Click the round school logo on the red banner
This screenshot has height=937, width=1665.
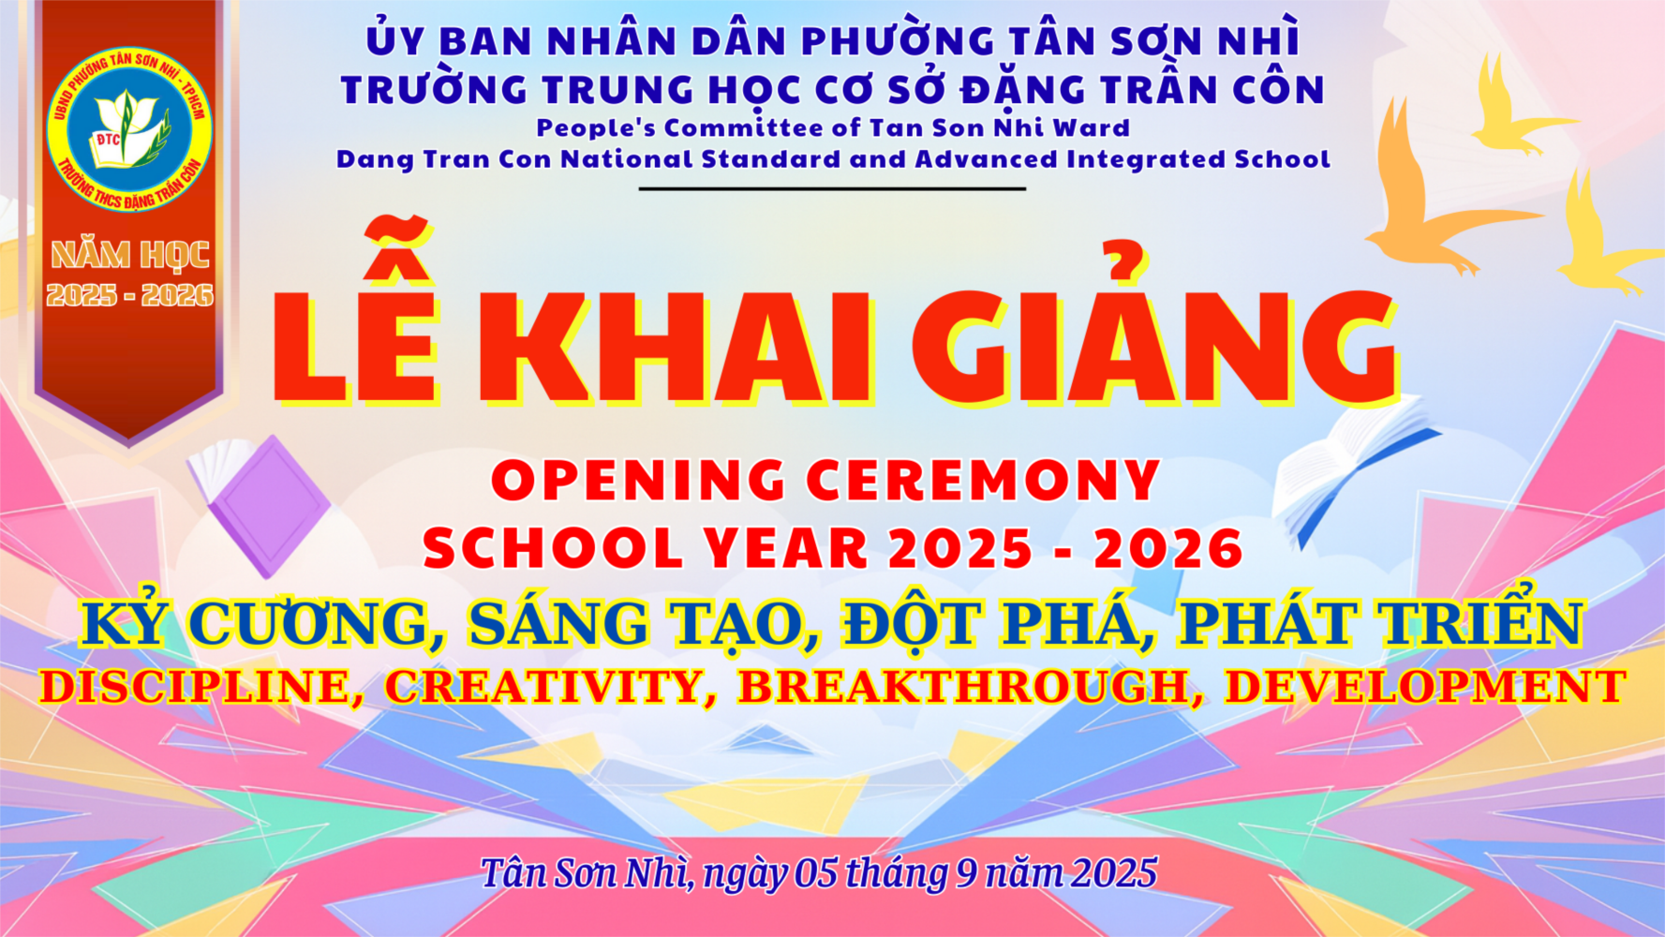pyautogui.click(x=129, y=129)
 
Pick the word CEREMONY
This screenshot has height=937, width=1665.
pyautogui.click(x=984, y=481)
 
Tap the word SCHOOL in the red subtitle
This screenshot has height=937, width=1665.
pyautogui.click(x=554, y=548)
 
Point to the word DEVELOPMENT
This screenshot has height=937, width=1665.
pyautogui.click(x=1425, y=687)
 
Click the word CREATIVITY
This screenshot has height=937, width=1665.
pyautogui.click(x=543, y=687)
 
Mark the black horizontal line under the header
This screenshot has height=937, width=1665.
pyautogui.click(x=832, y=188)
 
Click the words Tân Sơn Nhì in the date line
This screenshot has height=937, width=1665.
pyautogui.click(x=587, y=873)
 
